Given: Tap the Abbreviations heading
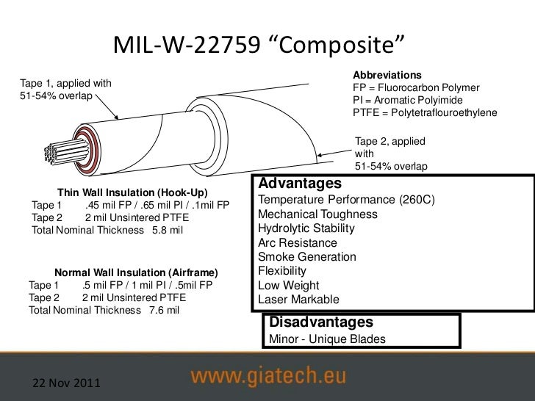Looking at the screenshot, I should coord(387,76).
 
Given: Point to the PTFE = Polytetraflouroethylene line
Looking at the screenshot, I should coord(426,113).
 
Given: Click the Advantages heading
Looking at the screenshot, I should coord(301,183).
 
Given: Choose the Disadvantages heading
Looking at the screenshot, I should coord(321,322).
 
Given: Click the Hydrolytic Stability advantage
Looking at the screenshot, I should coord(306,228).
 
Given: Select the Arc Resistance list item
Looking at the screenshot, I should coord(298,242).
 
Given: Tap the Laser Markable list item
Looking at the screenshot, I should coord(299,299).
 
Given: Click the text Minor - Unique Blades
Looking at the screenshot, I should coord(327,339).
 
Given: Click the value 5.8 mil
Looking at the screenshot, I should coord(167,231).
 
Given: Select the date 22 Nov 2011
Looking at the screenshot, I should coord(65,383).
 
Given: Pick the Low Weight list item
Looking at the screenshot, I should coord(289,285).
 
